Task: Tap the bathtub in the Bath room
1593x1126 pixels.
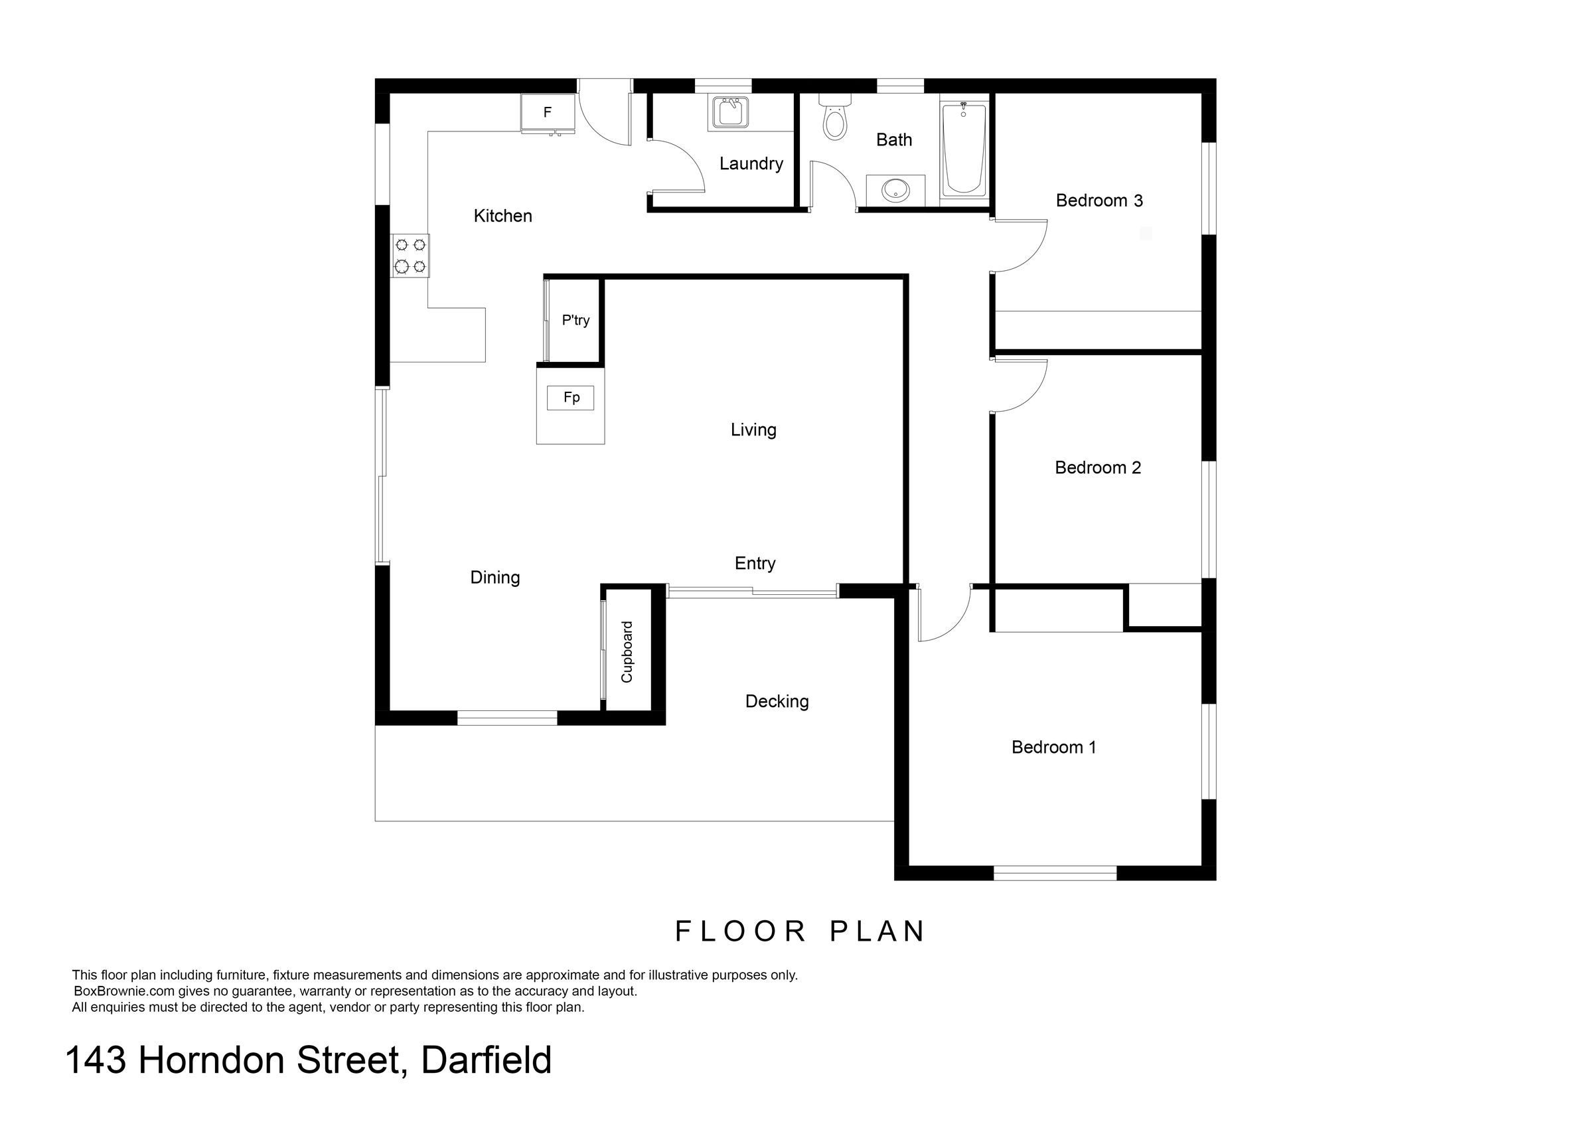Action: coord(963,149)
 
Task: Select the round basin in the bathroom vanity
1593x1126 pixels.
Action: coord(895,189)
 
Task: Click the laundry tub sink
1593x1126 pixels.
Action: coord(729,112)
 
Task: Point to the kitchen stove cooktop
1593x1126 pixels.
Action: coord(410,256)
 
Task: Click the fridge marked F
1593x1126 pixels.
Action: coord(548,112)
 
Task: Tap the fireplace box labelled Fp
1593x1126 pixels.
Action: coord(571,398)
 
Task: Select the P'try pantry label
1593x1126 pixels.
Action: coord(576,320)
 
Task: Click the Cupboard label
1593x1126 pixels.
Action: coord(627,651)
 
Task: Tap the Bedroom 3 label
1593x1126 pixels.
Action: coord(1099,201)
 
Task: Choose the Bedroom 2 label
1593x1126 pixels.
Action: coord(1098,467)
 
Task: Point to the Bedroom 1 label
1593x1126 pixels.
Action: coord(1053,747)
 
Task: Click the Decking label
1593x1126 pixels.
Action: coord(777,701)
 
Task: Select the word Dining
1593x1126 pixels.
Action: coord(494,577)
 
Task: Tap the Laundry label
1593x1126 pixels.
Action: coord(751,164)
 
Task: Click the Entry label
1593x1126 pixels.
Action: coord(755,564)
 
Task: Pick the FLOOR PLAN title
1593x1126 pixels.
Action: coord(800,931)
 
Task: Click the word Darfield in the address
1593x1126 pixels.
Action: coord(486,1061)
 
